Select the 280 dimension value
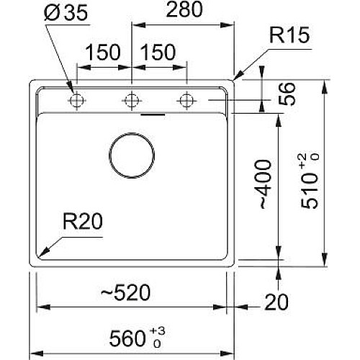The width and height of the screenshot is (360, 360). coord(184,9)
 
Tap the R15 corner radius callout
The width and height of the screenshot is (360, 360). coord(289,35)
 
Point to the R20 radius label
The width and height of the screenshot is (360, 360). coord(83,221)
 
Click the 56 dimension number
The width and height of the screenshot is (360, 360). coord(287,94)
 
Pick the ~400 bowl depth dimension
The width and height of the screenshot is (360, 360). coord(266,184)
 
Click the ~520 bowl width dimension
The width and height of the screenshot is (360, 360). coord(125,293)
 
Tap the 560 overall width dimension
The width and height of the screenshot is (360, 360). coord(127,338)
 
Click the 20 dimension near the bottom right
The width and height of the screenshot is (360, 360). coord(276,302)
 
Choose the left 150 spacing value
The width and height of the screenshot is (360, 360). coord(102,52)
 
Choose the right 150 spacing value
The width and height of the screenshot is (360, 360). coord(158,52)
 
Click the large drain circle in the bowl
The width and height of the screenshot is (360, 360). coord(132,133)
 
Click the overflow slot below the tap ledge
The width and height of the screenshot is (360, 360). coord(153,114)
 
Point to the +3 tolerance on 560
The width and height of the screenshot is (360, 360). coord(158,331)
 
